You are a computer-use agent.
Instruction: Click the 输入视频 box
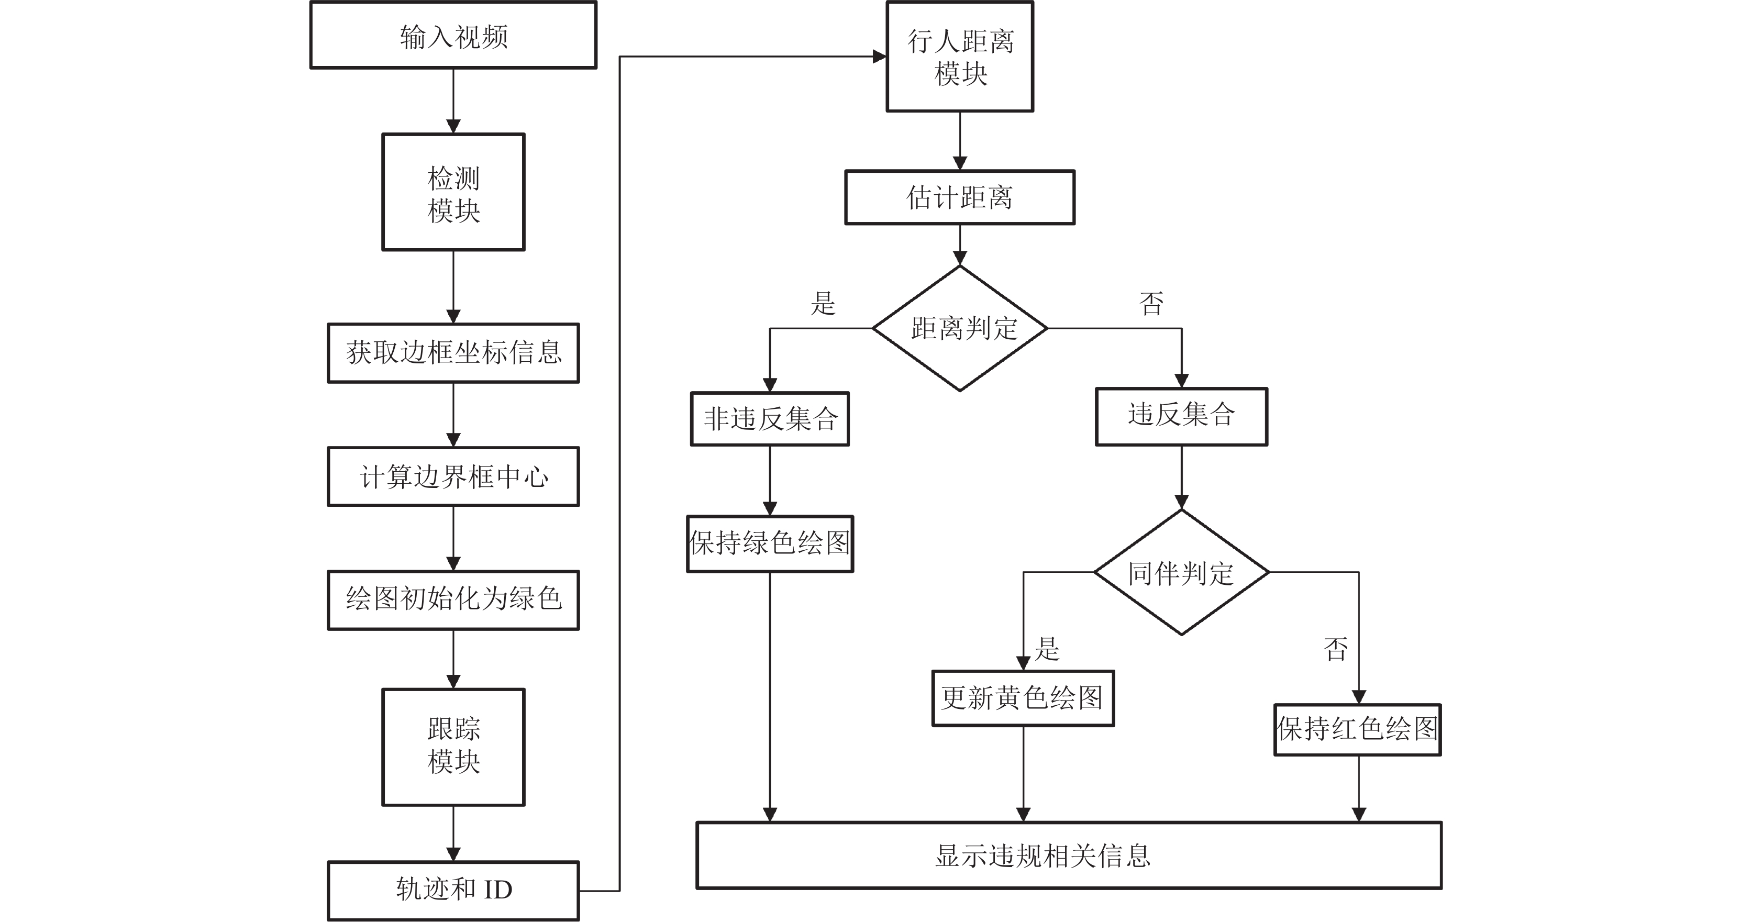point(453,35)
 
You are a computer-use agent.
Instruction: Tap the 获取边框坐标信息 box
point(453,353)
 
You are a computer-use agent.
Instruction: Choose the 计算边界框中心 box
point(453,476)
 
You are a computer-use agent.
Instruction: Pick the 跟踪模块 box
point(453,747)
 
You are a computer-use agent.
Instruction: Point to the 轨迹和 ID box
point(453,891)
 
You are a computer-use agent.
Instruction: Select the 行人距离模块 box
point(960,57)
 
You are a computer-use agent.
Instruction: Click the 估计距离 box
point(960,197)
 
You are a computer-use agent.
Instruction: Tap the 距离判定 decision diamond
point(960,328)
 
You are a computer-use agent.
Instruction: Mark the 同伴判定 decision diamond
point(1181,572)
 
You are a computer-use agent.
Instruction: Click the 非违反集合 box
point(770,419)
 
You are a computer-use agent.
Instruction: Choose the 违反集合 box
point(1181,417)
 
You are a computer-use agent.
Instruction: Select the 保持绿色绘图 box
point(770,544)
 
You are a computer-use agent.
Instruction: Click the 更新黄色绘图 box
point(1023,698)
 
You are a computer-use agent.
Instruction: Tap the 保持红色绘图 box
point(1358,729)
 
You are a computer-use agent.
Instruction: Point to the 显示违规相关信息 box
point(1069,856)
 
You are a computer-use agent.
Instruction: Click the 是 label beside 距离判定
point(823,303)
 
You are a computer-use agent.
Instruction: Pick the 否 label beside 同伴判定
point(1336,649)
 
